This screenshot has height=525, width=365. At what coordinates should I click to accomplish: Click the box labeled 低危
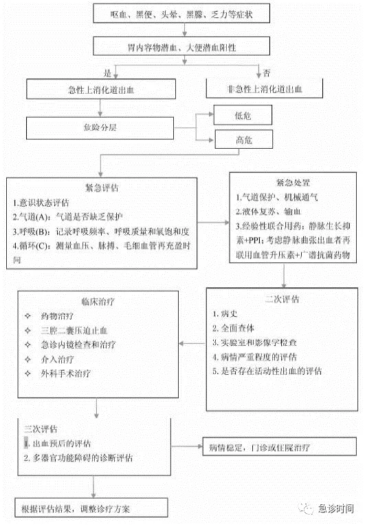coord(243,115)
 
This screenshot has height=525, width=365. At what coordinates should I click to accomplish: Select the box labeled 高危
coord(244,139)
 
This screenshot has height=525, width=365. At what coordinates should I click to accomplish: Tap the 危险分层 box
coord(100,128)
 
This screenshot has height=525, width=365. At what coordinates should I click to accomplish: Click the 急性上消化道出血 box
coord(101,89)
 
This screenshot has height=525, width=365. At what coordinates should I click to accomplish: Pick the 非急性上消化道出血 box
coord(265,88)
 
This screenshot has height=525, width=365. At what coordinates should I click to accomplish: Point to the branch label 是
coord(107,73)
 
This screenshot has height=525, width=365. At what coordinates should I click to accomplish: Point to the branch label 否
coord(266,72)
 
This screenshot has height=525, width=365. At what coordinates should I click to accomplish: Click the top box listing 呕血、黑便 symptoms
coord(181,13)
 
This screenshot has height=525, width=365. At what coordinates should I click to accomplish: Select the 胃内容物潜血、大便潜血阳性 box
coord(181,46)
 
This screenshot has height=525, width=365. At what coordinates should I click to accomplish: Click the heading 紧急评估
coord(102,187)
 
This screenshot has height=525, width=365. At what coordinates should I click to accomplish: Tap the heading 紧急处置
coord(293,183)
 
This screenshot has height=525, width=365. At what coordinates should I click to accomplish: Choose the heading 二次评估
coord(283,299)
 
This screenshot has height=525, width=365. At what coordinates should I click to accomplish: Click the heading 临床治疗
coord(98,301)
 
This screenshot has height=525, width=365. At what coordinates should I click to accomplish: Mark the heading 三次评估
coord(41,429)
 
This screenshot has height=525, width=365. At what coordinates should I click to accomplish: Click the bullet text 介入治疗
coord(57,359)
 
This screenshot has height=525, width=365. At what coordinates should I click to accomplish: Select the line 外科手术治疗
coord(66,373)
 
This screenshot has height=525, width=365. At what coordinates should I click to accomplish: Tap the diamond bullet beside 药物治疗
coord(27,316)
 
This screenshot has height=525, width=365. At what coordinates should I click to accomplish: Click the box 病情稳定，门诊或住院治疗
coord(280,446)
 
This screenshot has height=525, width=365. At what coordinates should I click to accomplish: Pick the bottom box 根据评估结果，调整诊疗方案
coord(91,508)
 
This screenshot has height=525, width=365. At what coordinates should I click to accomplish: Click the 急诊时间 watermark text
coord(335,508)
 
